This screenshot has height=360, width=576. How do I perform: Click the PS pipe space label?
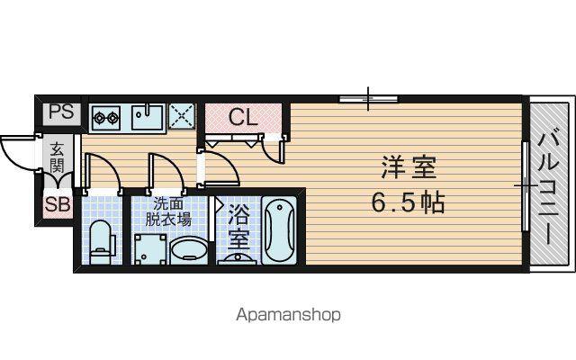pos(61,112)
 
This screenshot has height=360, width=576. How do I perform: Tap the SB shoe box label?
pos(57,204)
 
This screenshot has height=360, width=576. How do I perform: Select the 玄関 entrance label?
pos(57,157)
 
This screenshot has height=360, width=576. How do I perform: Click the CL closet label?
pos(243,118)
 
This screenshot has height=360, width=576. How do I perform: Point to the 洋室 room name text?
pos(409,167)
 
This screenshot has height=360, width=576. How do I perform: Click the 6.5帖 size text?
pos(408,202)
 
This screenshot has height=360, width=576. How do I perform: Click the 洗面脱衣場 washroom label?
pos(168,211)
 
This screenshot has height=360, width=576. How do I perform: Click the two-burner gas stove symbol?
pos(106,118)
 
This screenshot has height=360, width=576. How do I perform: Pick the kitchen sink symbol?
pos(148,117)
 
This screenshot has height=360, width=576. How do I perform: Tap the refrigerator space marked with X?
pos(182,116)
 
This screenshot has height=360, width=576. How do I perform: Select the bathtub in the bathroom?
pos(279,230)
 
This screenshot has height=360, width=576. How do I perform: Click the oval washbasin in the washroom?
pos(189,250)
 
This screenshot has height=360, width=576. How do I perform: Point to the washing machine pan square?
pos(149,249)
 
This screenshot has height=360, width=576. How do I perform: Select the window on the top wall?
pos(368,98)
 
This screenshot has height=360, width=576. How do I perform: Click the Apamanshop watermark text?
pos(288,315)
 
